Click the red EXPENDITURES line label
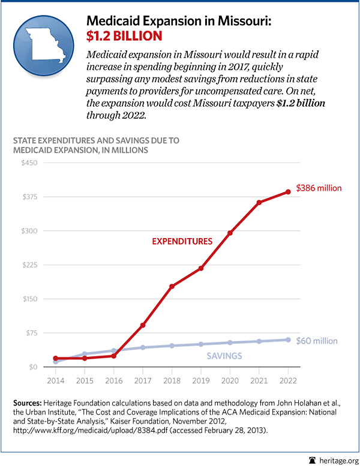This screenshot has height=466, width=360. tap(182, 242)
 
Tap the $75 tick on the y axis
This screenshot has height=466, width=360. tap(29, 333)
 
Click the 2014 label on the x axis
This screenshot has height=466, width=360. tap(56, 381)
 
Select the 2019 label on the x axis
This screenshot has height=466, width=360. tap(201, 381)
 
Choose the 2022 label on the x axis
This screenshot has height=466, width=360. tap(288, 381)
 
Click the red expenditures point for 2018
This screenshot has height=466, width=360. tap(172, 286)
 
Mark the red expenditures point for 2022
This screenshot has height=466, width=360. tap(288, 192)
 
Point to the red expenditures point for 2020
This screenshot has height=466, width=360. tap(230, 233)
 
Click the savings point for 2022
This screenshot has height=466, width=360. tap(288, 339)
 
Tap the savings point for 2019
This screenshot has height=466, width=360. tap(201, 344)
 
